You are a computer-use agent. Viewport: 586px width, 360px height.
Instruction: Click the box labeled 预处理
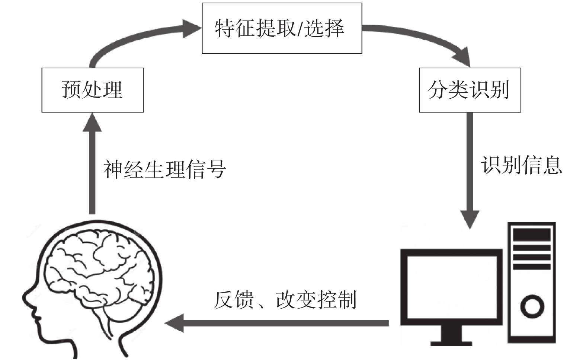click(92, 90)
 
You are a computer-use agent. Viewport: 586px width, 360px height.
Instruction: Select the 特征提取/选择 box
click(282, 28)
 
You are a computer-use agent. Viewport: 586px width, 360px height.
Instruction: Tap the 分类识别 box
click(470, 90)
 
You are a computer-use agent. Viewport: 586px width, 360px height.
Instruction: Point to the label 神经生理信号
click(164, 169)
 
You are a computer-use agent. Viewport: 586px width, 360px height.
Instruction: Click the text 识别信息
click(521, 165)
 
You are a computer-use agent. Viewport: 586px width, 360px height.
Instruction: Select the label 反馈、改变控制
click(285, 300)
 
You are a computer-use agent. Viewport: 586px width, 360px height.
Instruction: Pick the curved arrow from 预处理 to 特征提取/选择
click(138, 37)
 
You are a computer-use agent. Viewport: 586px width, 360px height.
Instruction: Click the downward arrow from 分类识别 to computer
click(470, 168)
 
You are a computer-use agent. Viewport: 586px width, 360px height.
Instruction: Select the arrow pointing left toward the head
click(275, 323)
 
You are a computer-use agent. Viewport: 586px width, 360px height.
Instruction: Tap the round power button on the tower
click(532, 306)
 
